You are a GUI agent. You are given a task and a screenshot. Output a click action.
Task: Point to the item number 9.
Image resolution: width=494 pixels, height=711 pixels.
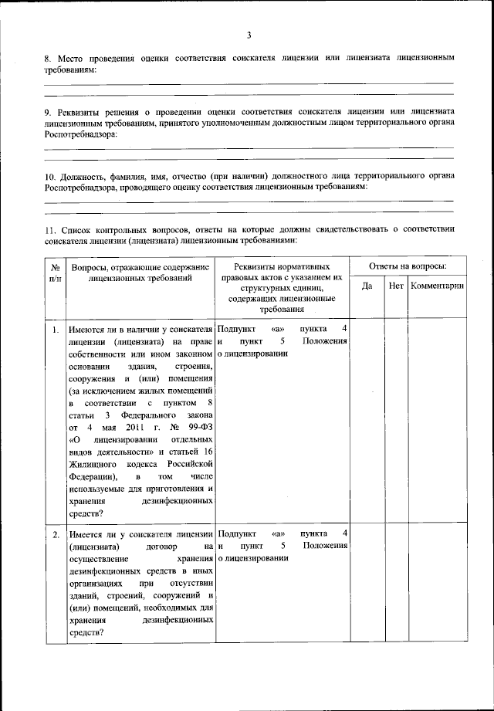(48, 112)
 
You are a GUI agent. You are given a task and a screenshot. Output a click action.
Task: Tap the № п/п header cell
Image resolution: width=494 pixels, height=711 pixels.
(55, 272)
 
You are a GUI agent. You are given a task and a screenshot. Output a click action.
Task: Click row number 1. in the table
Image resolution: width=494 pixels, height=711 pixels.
(56, 330)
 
